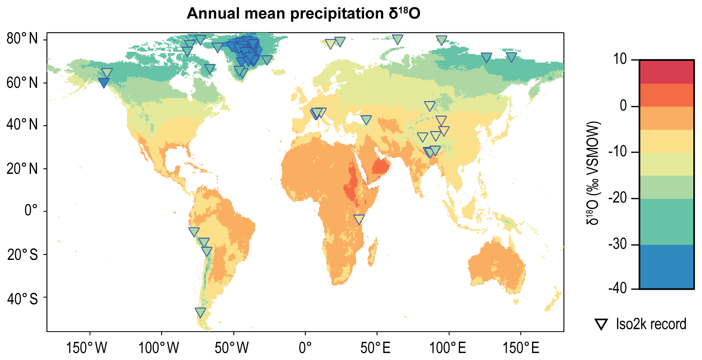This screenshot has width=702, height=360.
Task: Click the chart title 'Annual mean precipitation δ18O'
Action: point(304,14)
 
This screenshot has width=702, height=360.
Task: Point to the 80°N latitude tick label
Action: point(22,39)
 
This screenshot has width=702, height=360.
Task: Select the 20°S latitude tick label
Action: point(22,254)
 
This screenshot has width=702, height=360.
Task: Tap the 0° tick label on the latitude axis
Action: point(31,210)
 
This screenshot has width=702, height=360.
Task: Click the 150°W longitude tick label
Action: point(86,348)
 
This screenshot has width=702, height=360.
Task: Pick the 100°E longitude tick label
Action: point(448,348)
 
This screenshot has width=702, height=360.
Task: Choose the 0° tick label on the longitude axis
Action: point(305,348)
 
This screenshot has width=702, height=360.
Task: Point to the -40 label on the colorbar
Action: point(618,289)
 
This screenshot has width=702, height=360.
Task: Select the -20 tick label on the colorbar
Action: point(618,198)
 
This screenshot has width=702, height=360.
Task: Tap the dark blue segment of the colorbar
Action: point(667,267)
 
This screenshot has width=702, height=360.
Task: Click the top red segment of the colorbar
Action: point(667,72)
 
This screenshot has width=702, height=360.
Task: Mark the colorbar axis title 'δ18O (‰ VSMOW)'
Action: point(593,173)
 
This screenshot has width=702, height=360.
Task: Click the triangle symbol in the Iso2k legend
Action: point(601,324)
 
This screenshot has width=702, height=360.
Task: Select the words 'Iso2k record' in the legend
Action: point(651,324)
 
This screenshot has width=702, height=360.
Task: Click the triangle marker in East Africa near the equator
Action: point(359,219)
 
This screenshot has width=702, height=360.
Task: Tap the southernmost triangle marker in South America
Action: point(201,312)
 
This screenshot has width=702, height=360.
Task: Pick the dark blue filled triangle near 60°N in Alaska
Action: point(103,83)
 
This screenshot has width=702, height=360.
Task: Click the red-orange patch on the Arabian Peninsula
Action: point(380,166)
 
